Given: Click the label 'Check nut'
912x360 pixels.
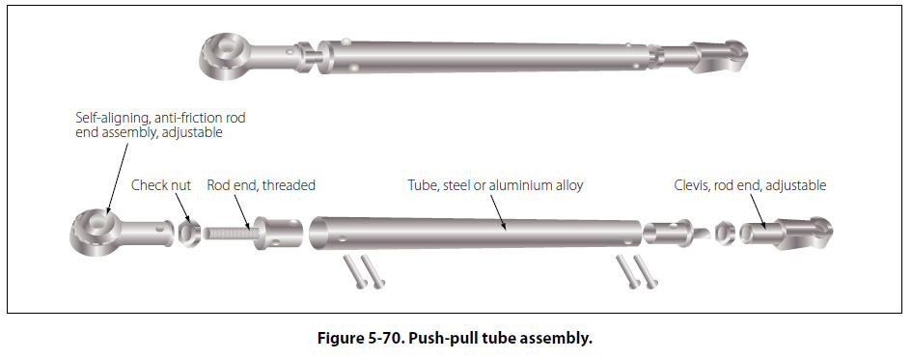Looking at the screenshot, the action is click(x=161, y=185).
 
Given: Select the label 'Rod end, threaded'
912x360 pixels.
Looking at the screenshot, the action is click(x=262, y=185).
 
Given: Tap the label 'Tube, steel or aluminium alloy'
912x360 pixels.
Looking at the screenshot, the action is click(x=495, y=185).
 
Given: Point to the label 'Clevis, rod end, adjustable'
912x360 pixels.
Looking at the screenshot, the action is click(x=750, y=185).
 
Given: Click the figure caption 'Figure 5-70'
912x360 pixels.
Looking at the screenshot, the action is click(x=360, y=338).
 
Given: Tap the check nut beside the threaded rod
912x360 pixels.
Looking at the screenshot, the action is click(x=189, y=234).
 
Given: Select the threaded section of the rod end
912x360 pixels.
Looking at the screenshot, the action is click(x=230, y=234).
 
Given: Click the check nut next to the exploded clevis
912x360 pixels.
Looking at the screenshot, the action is click(x=724, y=234).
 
